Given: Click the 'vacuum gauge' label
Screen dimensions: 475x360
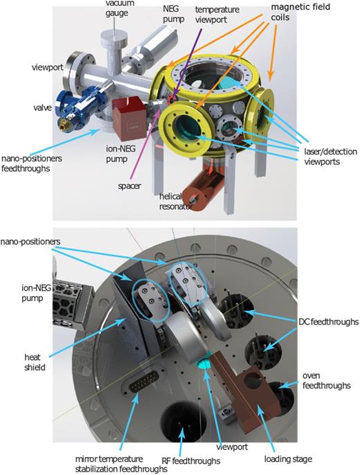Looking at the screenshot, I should pos(115,8).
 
